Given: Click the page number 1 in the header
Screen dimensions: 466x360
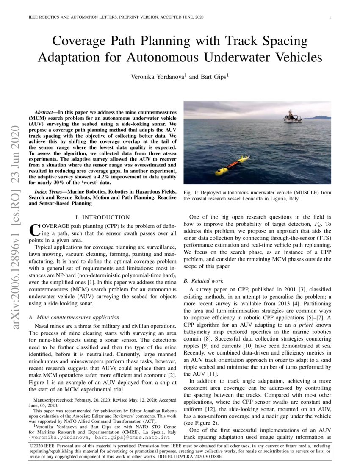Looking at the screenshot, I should (330, 17).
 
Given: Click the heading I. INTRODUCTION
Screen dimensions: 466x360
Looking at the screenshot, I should (105, 217).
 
